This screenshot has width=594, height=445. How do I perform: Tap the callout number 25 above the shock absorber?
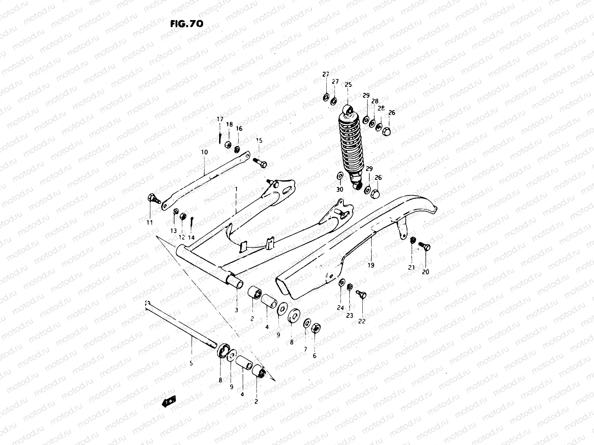(348, 85)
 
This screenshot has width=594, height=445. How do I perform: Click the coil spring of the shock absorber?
(349, 145)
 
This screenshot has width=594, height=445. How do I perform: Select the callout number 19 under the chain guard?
(371, 265)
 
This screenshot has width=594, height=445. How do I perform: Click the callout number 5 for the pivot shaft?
(191, 363)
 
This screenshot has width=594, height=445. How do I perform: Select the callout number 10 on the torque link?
(204, 152)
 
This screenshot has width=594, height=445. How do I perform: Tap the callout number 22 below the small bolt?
(362, 321)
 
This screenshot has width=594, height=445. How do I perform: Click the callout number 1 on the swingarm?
(236, 189)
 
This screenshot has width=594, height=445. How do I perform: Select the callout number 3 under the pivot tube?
(237, 310)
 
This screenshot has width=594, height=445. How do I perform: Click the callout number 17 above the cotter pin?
(220, 119)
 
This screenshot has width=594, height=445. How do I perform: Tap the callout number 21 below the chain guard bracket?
(411, 267)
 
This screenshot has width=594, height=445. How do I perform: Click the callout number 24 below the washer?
(340, 307)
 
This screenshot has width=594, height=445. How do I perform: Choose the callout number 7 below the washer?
(306, 349)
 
